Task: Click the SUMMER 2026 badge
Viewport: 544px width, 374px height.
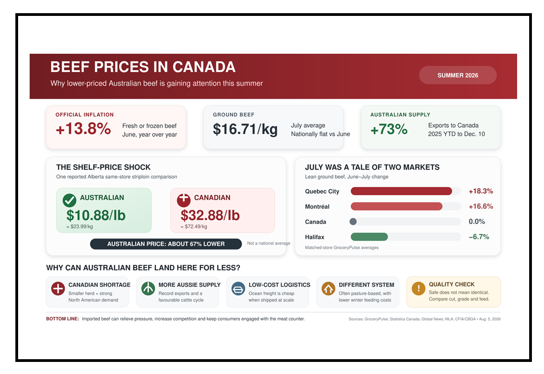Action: click(458, 75)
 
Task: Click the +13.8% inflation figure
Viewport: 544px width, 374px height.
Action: click(83, 129)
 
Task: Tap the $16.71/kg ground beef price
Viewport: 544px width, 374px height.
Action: click(245, 129)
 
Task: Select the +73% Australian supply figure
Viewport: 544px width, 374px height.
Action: click(389, 129)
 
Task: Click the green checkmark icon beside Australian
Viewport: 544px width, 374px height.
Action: click(69, 200)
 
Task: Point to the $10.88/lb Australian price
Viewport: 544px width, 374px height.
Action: click(96, 216)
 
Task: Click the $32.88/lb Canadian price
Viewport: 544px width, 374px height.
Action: click(210, 216)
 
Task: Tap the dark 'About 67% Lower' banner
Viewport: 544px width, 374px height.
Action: click(166, 244)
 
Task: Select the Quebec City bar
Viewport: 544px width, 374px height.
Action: click(401, 191)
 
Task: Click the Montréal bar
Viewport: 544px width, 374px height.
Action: click(396, 206)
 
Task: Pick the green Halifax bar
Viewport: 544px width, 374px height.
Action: click(369, 237)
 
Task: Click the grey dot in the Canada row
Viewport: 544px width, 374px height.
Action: click(353, 222)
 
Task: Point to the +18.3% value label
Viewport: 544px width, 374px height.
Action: click(481, 191)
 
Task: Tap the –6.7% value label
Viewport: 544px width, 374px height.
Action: click(479, 237)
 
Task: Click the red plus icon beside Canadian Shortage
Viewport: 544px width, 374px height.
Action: click(58, 288)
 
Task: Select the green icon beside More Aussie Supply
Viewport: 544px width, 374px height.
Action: click(148, 288)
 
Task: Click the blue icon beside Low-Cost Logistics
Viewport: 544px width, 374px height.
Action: click(238, 288)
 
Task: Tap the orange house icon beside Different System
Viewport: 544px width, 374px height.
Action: click(328, 288)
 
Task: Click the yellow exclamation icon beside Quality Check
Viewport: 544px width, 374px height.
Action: click(418, 288)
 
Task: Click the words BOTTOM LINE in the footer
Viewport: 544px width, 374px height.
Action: click(63, 319)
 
